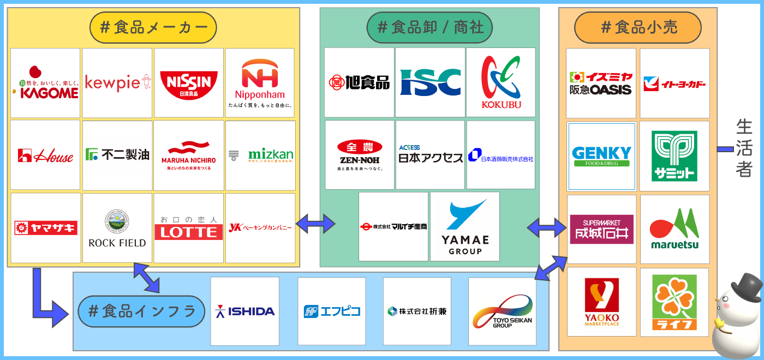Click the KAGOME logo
coord(45,83)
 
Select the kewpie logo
coord(117,83)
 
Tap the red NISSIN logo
coord(189,83)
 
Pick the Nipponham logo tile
coord(260,83)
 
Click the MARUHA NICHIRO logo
coord(189,155)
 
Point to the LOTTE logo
coord(189,228)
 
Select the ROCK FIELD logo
coord(117,228)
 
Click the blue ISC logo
coord(430,82)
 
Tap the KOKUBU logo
coord(501,82)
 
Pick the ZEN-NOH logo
coord(360,155)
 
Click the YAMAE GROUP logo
coord(465,226)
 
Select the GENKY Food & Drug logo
coord(601,155)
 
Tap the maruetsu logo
coord(675,229)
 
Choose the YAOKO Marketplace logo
coord(602,302)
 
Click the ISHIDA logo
coord(245,311)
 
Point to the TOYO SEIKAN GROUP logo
coord(502,311)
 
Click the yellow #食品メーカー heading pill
coord(153,27)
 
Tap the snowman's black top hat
coord(747,287)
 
